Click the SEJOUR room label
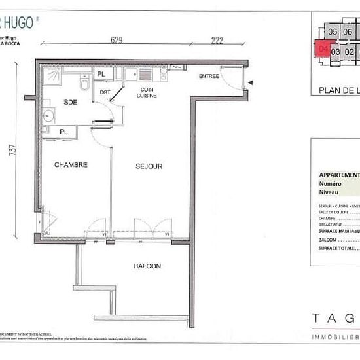pyautogui.click(x=149, y=166)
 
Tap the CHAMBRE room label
pyautogui.click(x=71, y=165)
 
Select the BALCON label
pyautogui.click(x=147, y=266)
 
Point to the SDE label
pyautogui.click(x=71, y=102)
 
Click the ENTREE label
pyautogui.click(x=209, y=77)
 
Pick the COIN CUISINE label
pyautogui.click(x=147, y=92)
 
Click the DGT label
pyautogui.click(x=105, y=92)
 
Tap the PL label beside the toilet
pyautogui.click(x=101, y=75)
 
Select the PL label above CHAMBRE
pyautogui.click(x=63, y=132)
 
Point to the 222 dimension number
pyautogui.click(x=217, y=40)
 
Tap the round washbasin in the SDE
pyautogui.click(x=48, y=117)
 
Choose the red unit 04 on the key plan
pyautogui.click(x=322, y=48)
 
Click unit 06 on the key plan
pyautogui.click(x=348, y=32)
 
